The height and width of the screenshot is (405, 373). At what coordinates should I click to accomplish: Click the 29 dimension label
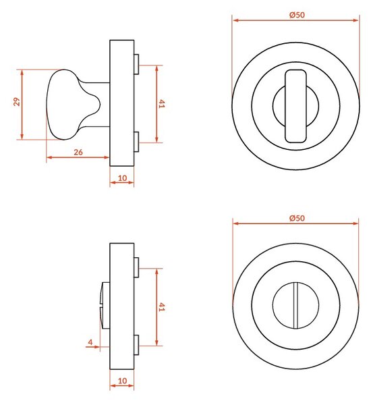click(17, 101)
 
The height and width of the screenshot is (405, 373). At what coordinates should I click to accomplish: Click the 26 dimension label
click(78, 152)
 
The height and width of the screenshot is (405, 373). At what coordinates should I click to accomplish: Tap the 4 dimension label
click(90, 342)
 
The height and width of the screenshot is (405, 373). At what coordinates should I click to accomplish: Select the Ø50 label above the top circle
click(297, 15)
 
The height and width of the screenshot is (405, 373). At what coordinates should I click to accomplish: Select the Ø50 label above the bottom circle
click(297, 218)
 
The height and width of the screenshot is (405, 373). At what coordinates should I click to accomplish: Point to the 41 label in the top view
click(161, 104)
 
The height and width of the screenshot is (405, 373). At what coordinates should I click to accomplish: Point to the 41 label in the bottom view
click(161, 307)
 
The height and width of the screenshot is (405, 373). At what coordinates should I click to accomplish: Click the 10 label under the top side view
click(122, 178)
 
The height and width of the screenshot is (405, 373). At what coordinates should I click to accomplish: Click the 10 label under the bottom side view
click(122, 381)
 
